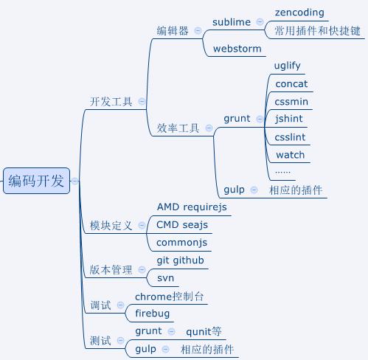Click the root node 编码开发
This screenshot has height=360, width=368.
pyautogui.click(x=36, y=181)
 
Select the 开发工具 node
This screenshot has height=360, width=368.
pyautogui.click(x=111, y=102)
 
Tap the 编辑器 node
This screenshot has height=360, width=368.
pyautogui.click(x=173, y=31)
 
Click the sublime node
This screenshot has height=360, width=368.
pyautogui.click(x=232, y=22)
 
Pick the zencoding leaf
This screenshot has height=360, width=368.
pyautogui.click(x=299, y=13)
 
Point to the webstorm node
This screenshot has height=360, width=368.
pyautogui.click(x=237, y=49)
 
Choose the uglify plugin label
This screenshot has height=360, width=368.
pyautogui.click(x=288, y=66)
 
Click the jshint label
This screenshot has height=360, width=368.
pyautogui.click(x=289, y=118)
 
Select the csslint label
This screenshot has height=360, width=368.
pyautogui.click(x=290, y=136)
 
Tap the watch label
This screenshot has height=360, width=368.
pyautogui.click(x=290, y=155)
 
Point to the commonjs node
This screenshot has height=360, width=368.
pyautogui.click(x=182, y=242)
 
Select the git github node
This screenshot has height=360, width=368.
pyautogui.click(x=181, y=260)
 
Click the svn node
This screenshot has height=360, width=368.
pyautogui.click(x=165, y=278)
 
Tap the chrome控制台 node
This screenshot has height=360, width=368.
pyautogui.click(x=170, y=297)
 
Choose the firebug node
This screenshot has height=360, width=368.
pyautogui.click(x=153, y=314)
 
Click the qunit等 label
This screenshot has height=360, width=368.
pyautogui.click(x=204, y=331)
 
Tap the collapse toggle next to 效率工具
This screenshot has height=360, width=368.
pyautogui.click(x=209, y=128)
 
